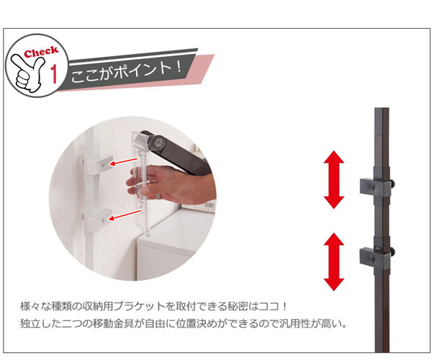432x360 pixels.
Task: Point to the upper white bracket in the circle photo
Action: tap(98, 164)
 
